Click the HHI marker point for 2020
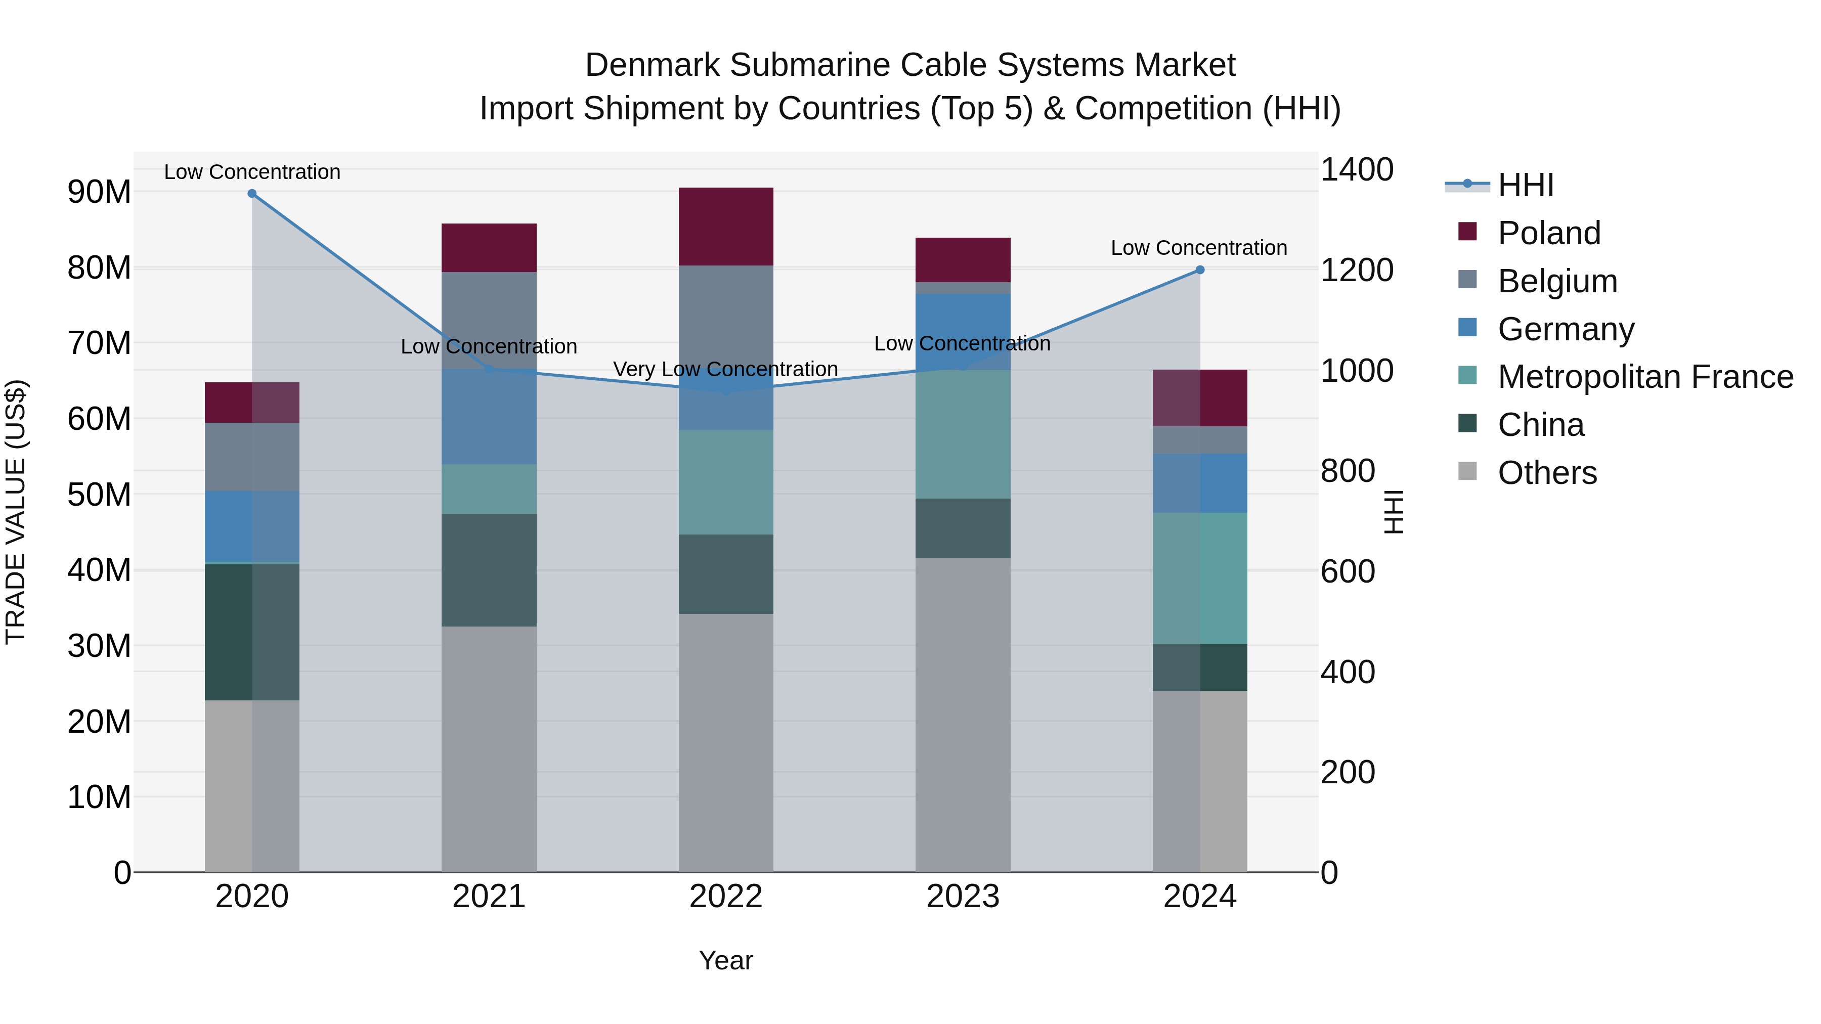point(252,194)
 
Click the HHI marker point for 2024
point(1200,270)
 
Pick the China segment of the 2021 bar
point(489,569)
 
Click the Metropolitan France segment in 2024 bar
point(1200,578)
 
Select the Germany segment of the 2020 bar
point(252,526)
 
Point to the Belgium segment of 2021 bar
point(489,320)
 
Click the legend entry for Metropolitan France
point(1645,377)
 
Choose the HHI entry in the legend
point(1526,185)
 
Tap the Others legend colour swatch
point(1467,471)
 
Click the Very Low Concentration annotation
point(725,369)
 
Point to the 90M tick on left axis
point(99,192)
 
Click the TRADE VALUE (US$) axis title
point(16,512)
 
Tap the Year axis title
point(725,960)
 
